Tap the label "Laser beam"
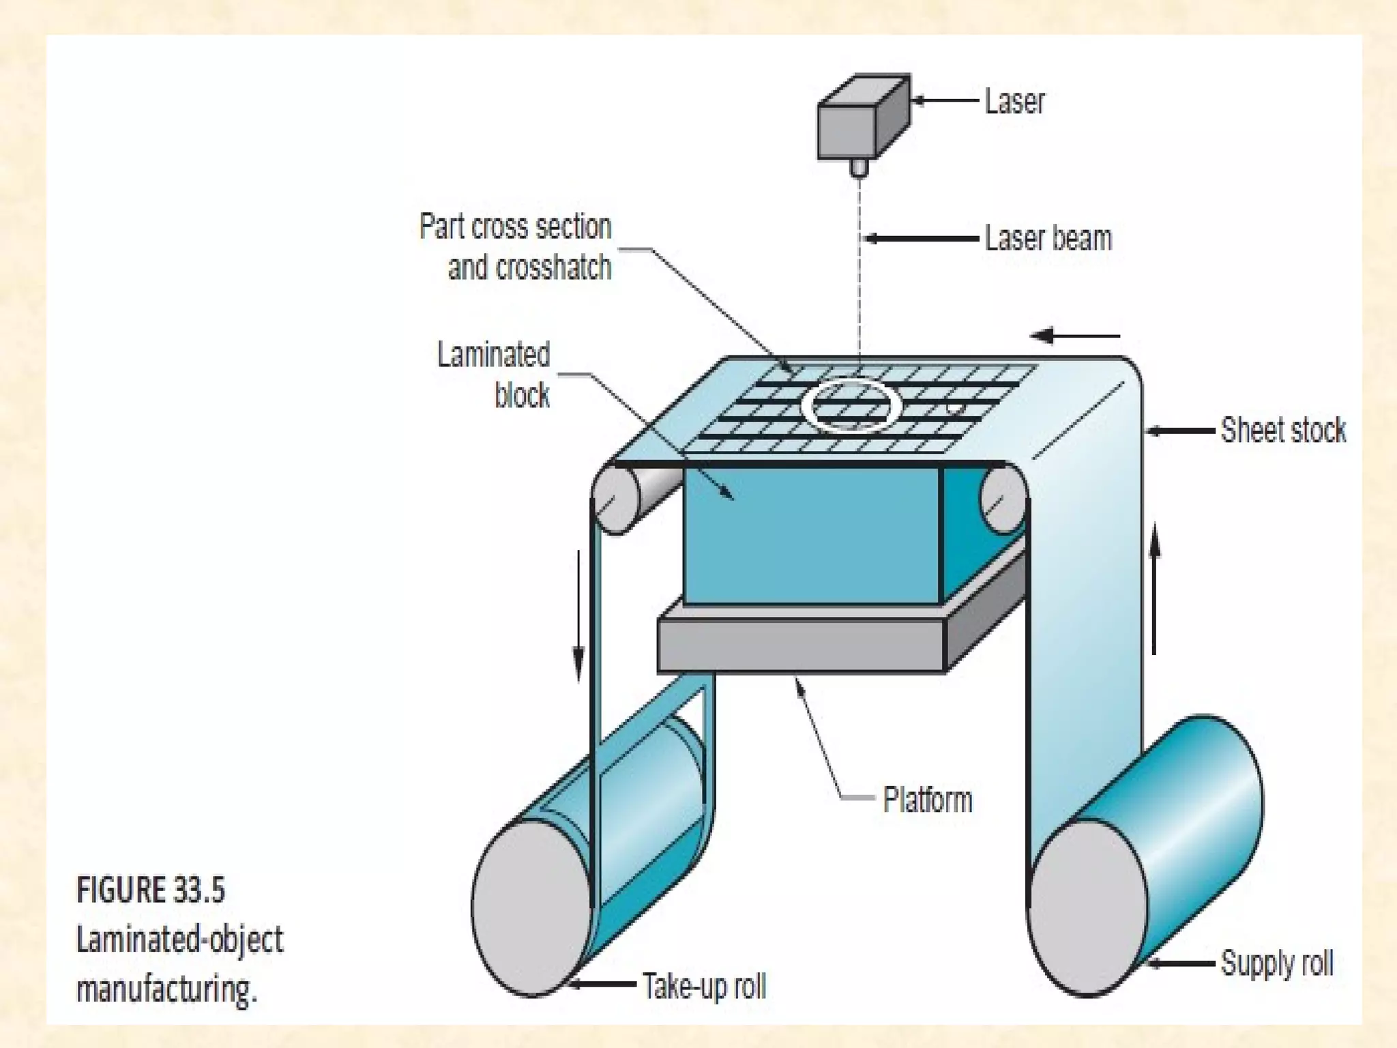tap(1048, 239)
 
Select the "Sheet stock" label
tap(1282, 431)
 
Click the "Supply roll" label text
tap(1276, 963)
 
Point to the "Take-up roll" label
tap(704, 986)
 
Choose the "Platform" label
tap(927, 800)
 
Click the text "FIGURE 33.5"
tap(151, 890)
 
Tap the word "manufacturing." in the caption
tap(166, 989)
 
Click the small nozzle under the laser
tap(859, 167)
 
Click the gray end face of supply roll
tap(1089, 907)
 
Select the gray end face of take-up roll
tap(533, 907)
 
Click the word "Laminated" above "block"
tap(493, 355)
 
